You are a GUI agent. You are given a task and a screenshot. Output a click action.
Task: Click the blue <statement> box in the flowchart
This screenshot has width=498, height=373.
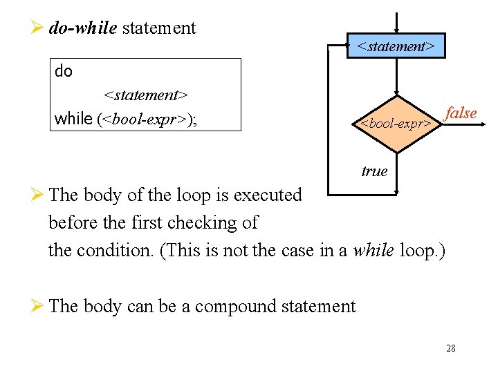click(396, 46)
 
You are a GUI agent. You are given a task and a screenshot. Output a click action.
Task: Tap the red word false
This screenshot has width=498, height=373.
click(461, 113)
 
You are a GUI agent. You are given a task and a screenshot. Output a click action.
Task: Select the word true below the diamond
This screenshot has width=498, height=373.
click(374, 171)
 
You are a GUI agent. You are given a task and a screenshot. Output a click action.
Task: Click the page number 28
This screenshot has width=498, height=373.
click(451, 348)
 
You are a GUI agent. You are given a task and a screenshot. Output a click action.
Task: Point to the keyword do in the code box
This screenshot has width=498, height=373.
click(64, 72)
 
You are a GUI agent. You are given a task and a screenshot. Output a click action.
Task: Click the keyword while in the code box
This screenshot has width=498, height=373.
click(73, 119)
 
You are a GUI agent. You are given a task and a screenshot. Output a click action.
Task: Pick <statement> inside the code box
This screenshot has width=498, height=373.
click(146, 94)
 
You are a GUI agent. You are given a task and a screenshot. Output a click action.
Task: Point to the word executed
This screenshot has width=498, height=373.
click(268, 195)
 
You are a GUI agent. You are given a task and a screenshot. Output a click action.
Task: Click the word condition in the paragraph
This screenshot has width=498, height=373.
click(116, 250)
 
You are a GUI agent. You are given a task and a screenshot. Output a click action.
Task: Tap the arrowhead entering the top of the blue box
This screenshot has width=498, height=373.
click(396, 29)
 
